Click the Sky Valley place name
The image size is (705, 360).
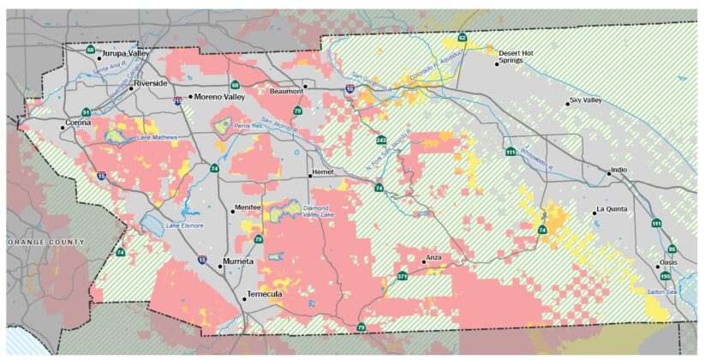588,100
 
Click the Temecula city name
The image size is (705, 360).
265,295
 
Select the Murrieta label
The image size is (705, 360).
239,261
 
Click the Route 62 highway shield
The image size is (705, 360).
462,38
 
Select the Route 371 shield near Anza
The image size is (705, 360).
402,275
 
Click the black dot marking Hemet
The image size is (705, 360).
310,176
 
